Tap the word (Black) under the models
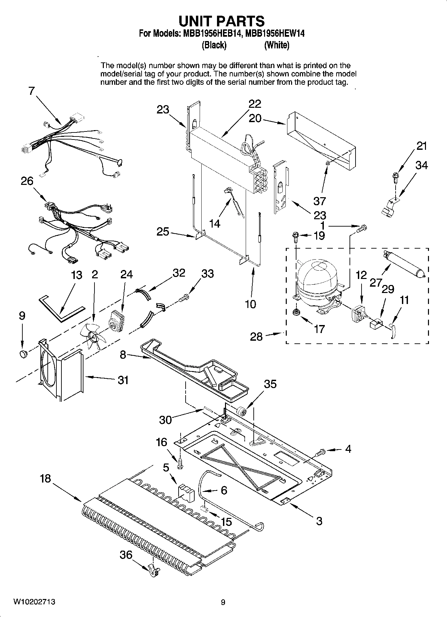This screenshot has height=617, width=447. [x=214, y=45]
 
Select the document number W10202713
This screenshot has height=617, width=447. [x=34, y=602]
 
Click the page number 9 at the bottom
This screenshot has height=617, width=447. [x=223, y=602]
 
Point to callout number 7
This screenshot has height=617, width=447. [x=31, y=91]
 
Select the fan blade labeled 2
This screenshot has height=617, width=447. [x=93, y=336]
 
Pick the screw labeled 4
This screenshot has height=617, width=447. [x=320, y=453]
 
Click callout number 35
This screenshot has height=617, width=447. [x=270, y=384]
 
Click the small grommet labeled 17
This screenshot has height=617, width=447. [x=295, y=312]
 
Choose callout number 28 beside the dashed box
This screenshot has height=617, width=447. [x=256, y=336]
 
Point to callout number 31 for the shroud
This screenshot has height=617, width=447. [x=123, y=380]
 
